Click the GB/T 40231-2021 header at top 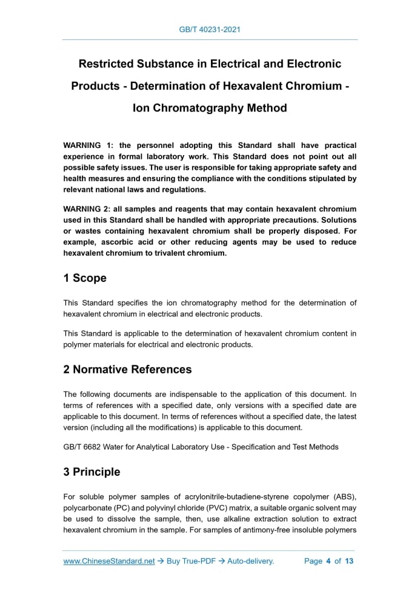[210, 29]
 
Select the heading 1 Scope [85, 278]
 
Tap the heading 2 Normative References [127, 369]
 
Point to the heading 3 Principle [92, 472]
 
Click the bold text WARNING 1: [88, 145]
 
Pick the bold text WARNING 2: [88, 209]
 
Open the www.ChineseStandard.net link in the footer [109, 561]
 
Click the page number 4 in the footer [328, 561]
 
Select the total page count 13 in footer [349, 561]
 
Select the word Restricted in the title [107, 64]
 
